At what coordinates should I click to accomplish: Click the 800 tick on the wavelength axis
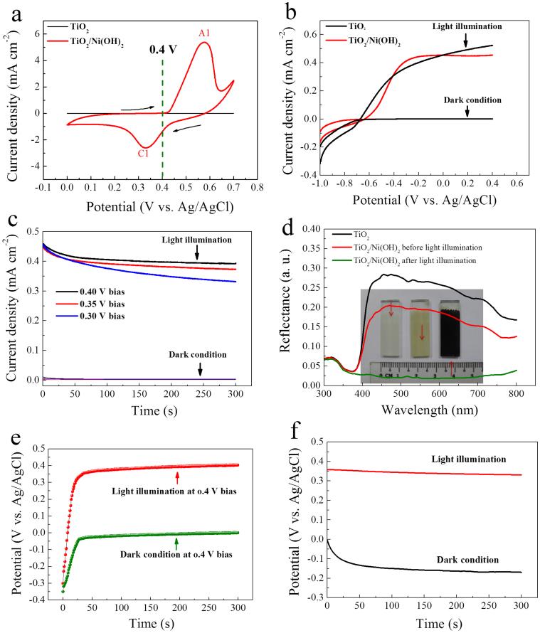pyautogui.click(x=524, y=393)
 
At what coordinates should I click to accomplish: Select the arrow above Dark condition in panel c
pyautogui.click(x=200, y=368)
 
